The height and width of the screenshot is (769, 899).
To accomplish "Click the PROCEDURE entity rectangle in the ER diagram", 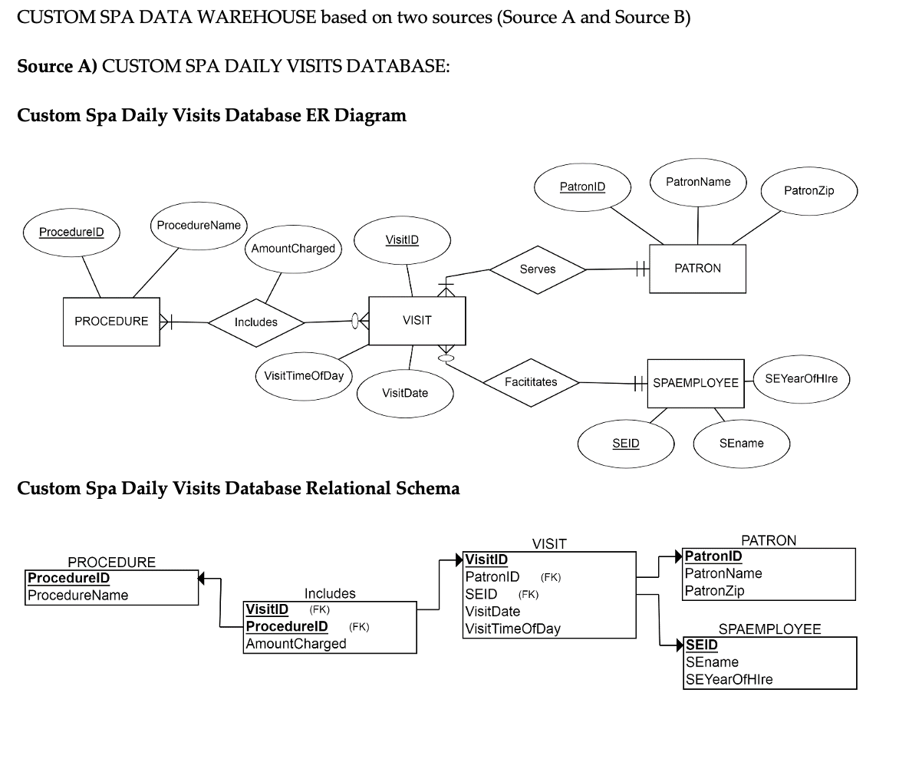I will (111, 322).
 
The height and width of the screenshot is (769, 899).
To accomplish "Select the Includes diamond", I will (255, 322).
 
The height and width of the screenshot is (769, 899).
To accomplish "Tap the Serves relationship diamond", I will (537, 269).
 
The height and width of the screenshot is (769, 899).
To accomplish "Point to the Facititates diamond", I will (531, 381).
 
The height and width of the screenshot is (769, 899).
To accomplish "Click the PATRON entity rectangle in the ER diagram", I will (696, 268).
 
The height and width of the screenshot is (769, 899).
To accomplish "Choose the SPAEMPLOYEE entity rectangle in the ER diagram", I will (695, 382).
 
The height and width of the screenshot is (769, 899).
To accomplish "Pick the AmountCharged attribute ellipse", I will (292, 249).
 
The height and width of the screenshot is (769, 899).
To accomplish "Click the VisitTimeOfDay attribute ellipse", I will (304, 375).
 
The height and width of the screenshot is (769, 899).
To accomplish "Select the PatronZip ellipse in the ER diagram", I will (808, 190).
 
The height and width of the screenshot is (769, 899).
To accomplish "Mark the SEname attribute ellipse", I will (741, 444).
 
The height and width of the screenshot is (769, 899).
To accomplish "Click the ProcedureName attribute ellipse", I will (198, 226).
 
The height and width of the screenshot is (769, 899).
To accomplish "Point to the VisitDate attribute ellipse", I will (405, 393).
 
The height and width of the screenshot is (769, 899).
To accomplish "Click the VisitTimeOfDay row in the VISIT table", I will (512, 629).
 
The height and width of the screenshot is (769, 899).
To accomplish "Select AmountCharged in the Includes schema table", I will (296, 643).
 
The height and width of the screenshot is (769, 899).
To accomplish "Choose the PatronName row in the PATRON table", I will (723, 573).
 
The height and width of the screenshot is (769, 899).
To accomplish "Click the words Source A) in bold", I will (57, 67).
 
